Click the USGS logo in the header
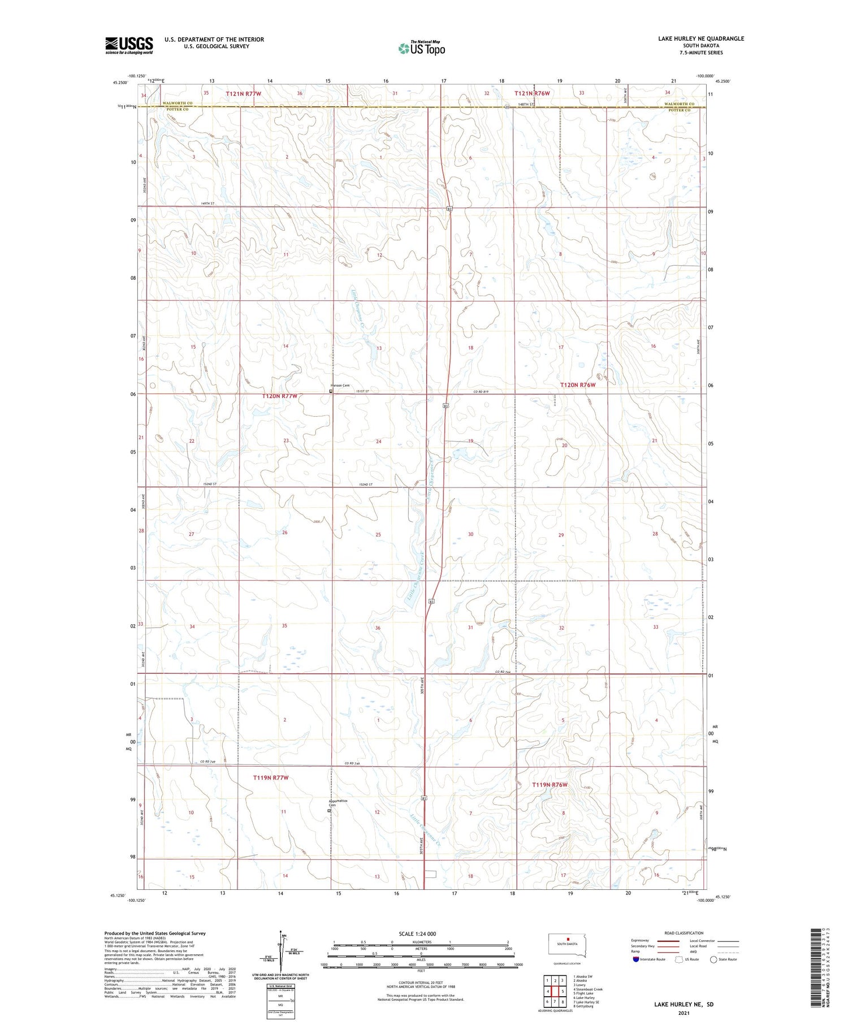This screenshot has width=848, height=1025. (129, 45)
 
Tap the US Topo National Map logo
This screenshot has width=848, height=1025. (422, 48)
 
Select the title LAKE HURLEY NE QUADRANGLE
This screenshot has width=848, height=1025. (700, 38)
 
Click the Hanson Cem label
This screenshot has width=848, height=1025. (340, 386)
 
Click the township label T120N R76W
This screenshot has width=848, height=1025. (578, 384)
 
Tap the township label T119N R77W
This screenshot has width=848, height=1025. (270, 778)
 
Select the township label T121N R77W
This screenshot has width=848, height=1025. (243, 93)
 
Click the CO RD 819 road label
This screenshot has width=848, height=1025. (480, 391)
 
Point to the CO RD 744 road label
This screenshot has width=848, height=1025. (503, 671)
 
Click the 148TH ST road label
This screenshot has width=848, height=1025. (526, 105)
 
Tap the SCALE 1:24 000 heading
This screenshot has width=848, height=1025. (417, 933)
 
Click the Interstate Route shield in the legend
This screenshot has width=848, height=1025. (635, 959)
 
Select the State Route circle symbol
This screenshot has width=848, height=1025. (713, 959)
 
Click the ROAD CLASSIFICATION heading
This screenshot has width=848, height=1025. (684, 933)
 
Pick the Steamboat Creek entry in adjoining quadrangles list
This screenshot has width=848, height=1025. (588, 989)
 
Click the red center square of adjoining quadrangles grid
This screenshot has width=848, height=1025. (555, 991)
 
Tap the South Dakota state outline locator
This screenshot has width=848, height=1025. (568, 945)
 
